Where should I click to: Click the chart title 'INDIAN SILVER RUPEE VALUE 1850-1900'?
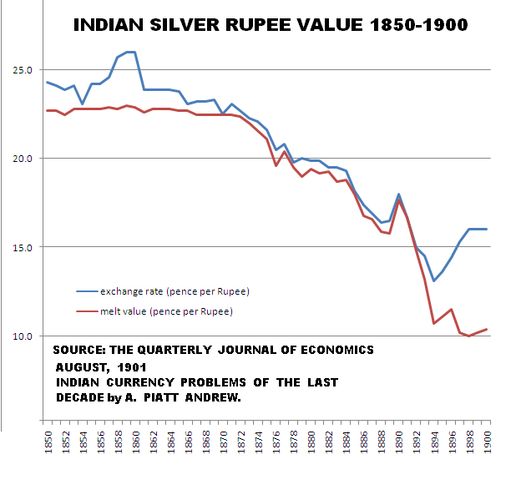point(271,26)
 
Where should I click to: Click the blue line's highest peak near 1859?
point(129,52)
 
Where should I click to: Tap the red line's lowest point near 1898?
point(469,336)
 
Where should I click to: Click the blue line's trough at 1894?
point(434,280)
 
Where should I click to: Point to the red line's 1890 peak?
point(399,200)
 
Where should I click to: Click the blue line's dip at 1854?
point(82,104)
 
